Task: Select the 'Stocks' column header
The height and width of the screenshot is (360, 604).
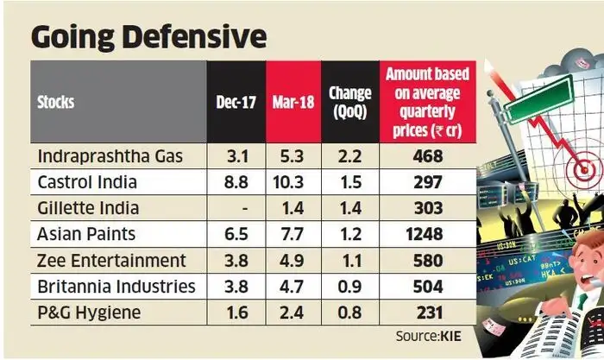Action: click(x=56, y=103)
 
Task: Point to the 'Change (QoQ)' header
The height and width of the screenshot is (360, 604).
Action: click(x=350, y=103)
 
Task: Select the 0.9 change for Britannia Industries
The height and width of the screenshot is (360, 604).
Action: click(x=350, y=287)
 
